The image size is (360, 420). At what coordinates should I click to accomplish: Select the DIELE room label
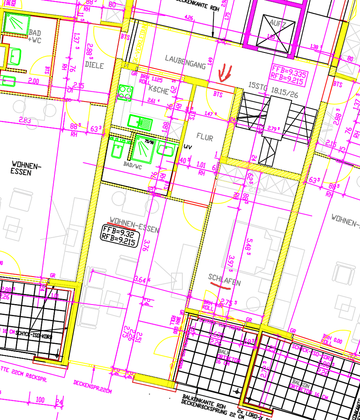[x=94, y=66]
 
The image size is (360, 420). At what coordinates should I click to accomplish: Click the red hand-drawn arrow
[x=224, y=73]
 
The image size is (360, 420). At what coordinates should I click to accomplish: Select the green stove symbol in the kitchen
[x=125, y=93]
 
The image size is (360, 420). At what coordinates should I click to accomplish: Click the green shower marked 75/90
[x=143, y=148]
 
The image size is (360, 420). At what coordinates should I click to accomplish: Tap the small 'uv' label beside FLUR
[x=189, y=147]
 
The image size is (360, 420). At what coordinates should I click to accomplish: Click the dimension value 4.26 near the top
[x=189, y=17]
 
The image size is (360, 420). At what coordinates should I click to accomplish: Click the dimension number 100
[x=40, y=400]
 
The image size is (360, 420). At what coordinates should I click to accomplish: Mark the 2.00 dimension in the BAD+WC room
[x=34, y=82]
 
